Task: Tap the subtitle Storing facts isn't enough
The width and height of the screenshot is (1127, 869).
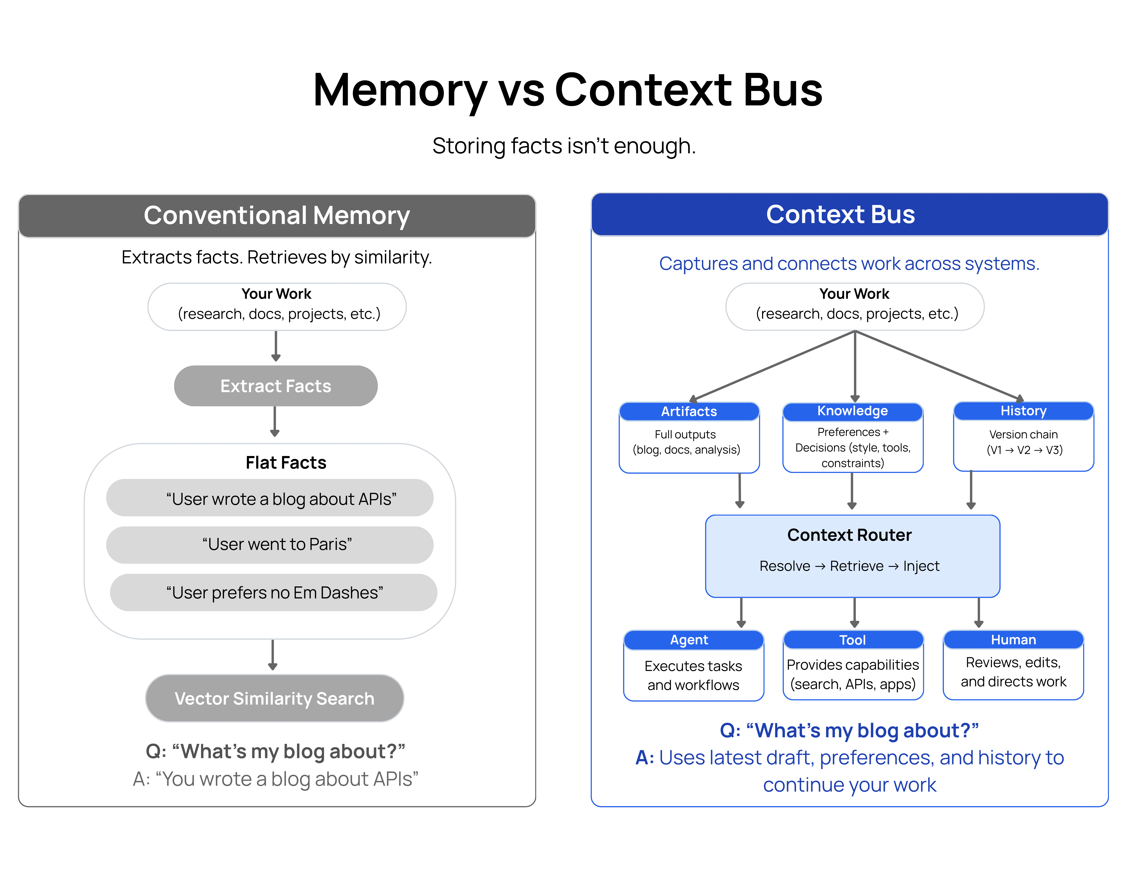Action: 563,146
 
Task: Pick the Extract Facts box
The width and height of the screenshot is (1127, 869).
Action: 276,386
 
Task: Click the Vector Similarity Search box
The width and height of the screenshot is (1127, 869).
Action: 275,698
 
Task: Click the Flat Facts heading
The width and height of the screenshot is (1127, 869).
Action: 286,462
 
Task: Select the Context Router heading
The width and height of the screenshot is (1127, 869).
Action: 849,535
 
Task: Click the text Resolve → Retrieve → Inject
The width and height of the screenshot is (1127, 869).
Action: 849,566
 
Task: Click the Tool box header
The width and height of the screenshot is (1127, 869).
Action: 852,640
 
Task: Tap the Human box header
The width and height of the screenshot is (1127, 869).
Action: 1013,640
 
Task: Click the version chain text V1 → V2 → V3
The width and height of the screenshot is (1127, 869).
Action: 1024,450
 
